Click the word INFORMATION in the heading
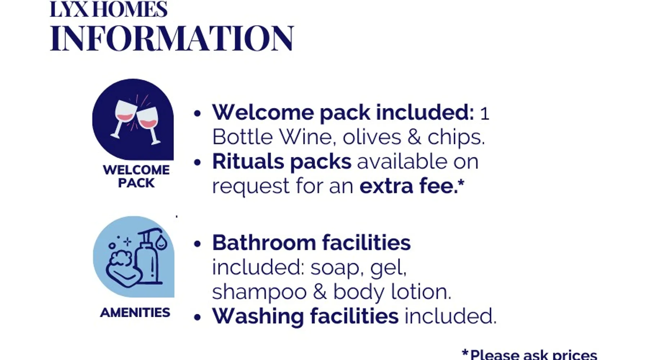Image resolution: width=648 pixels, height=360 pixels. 172,38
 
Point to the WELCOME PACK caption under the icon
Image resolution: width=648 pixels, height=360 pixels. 136,176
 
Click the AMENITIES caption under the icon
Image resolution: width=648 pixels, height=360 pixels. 135,312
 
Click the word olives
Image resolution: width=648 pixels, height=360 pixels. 372,137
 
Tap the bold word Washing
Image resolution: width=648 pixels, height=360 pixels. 258,317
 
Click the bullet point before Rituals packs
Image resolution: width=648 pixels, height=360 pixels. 197,163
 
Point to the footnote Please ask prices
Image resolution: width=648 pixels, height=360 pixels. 530,354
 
